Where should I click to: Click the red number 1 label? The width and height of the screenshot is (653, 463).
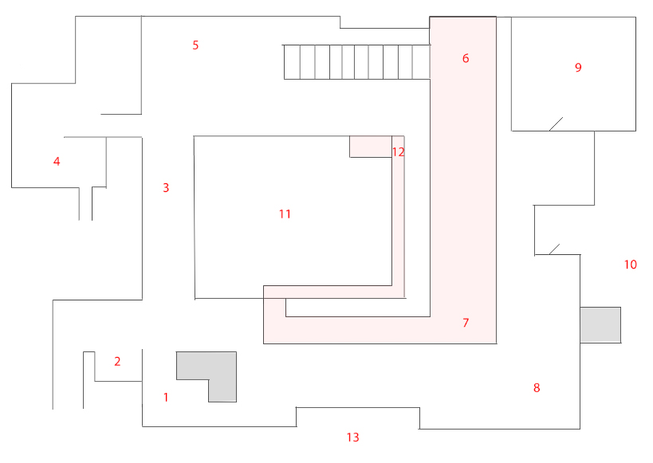166,397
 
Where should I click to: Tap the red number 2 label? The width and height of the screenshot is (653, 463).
117,362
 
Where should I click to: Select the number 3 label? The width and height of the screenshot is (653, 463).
166,188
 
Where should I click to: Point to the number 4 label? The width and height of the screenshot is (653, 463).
57,162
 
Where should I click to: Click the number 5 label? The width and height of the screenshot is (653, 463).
195,45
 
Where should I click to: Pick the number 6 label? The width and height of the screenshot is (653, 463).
466,58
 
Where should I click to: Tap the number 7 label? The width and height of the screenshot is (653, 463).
466,323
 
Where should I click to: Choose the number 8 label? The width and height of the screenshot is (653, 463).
537,388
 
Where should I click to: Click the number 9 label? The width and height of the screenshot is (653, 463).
578,68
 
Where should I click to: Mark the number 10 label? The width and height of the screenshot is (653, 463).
631,265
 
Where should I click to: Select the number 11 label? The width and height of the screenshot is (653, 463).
285,214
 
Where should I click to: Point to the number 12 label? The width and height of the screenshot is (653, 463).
399,151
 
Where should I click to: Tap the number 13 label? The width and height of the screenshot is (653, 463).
353,437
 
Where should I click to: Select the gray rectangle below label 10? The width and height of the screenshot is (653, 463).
600,324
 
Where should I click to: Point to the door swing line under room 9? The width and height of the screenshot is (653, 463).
556,124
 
